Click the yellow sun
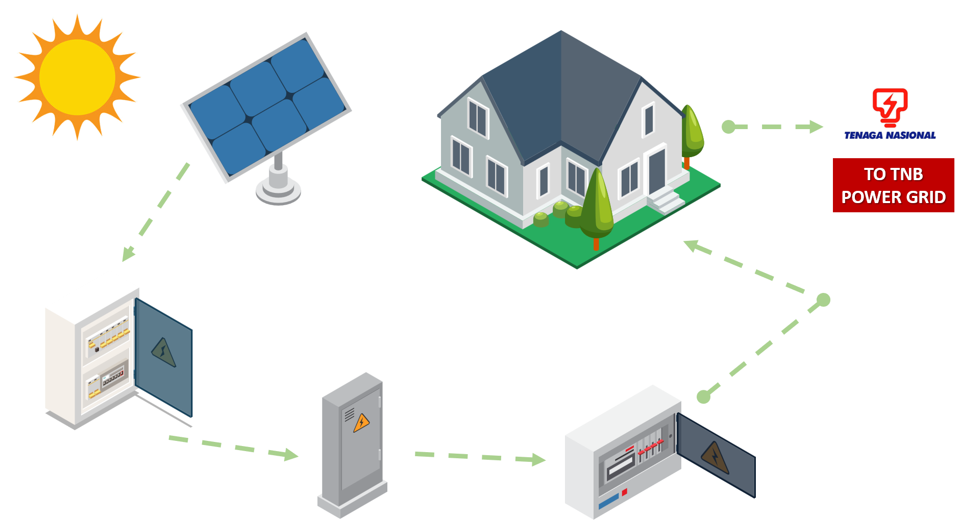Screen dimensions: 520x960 click(77, 78)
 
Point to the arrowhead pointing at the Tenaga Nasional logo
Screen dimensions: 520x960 click(816, 127)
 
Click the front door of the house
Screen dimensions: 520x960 click(657, 170)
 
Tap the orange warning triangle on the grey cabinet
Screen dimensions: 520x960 click(361, 423)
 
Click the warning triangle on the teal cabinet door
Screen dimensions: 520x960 click(163, 352)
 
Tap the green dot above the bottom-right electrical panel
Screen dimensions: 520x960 click(704, 397)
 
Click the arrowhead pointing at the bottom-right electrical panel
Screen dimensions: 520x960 click(538, 460)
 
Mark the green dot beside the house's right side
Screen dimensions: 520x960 click(728, 127)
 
